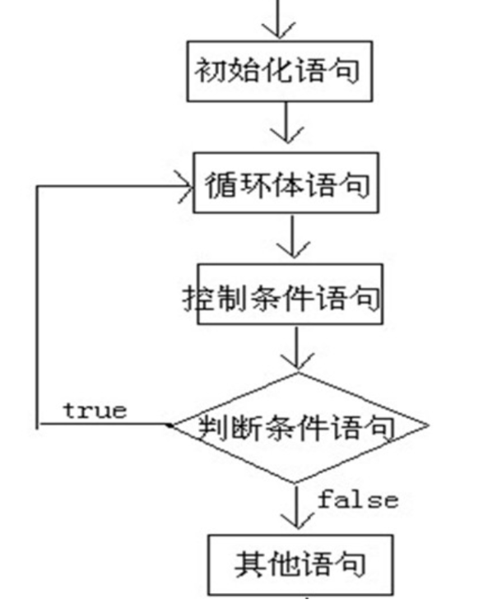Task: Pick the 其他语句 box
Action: (298, 563)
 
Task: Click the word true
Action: (95, 410)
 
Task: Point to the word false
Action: (359, 499)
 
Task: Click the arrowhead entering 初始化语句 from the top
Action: (279, 28)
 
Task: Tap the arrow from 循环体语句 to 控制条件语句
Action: (290, 239)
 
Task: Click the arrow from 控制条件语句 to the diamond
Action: (295, 350)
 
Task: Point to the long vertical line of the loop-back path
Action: (36, 304)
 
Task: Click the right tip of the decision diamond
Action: (428, 426)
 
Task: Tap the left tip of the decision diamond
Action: (170, 425)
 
